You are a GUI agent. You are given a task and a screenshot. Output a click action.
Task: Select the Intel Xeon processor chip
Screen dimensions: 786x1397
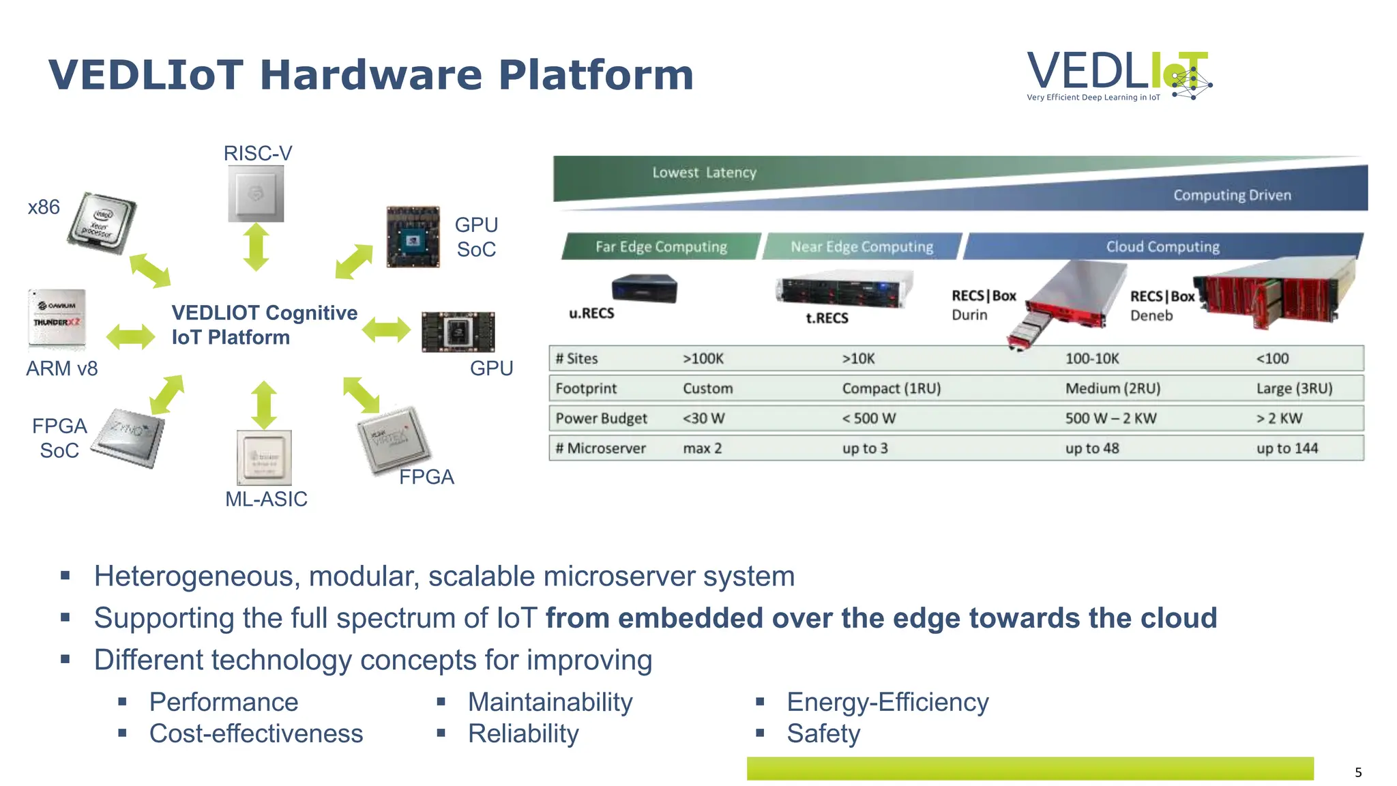pos(102,223)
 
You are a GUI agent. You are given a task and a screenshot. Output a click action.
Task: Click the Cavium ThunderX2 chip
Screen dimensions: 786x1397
pos(57,319)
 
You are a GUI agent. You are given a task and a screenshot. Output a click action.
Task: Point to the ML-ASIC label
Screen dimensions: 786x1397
pos(266,499)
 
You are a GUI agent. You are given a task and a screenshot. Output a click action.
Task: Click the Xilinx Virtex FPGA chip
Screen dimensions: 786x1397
pos(393,440)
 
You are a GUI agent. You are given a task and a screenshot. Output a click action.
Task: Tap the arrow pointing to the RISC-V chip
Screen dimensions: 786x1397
pos(256,246)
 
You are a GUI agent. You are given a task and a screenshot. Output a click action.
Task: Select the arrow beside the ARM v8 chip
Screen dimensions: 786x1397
pos(131,336)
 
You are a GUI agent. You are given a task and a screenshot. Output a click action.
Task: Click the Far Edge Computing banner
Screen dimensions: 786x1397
pos(660,246)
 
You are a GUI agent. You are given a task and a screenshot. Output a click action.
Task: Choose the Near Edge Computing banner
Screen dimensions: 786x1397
pos(862,246)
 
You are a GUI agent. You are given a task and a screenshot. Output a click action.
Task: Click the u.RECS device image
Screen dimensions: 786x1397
pos(645,288)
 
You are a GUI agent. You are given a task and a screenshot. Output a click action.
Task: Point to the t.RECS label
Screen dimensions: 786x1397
pos(827,318)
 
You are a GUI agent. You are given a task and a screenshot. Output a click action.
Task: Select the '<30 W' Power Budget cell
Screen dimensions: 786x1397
pos(703,418)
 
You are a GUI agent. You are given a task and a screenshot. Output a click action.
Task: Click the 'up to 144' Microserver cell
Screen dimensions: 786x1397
pos(1287,448)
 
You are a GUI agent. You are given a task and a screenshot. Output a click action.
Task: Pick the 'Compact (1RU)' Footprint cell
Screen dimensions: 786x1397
pos(891,388)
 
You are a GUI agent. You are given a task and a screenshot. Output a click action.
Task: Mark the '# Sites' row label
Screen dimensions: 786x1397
pos(576,358)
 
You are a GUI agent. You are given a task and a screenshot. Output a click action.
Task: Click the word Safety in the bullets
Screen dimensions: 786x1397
pos(823,733)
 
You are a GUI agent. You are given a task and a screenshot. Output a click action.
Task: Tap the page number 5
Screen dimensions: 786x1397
pos(1358,772)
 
